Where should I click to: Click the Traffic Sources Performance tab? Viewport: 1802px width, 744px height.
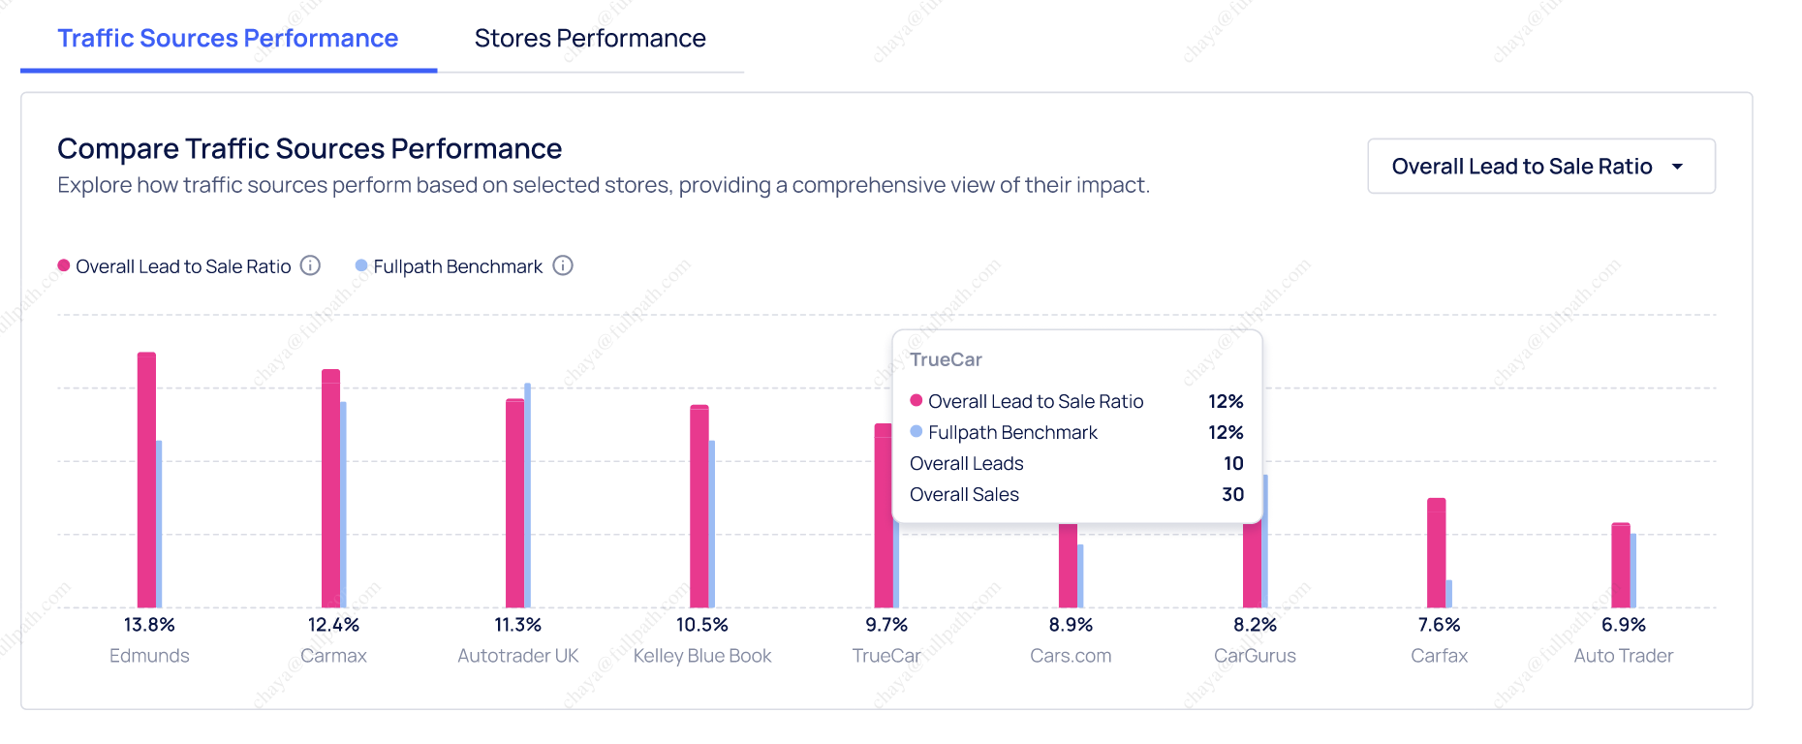click(x=228, y=39)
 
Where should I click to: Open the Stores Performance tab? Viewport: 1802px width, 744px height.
click(x=590, y=39)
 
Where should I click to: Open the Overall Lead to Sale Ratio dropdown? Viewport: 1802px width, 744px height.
click(x=1540, y=167)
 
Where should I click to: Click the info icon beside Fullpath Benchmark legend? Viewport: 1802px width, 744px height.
click(x=563, y=265)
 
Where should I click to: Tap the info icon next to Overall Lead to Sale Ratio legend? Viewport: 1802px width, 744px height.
click(x=310, y=265)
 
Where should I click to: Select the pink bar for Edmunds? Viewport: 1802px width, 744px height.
click(x=146, y=480)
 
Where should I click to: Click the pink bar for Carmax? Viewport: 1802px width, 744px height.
click(x=330, y=488)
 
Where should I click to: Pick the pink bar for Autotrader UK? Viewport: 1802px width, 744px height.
click(x=514, y=503)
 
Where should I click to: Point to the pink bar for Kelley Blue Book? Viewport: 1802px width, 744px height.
click(x=699, y=506)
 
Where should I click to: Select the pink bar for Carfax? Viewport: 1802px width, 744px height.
click(x=1436, y=552)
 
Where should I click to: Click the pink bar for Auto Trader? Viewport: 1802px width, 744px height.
click(x=1620, y=565)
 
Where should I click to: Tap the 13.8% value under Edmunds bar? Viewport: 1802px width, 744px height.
click(x=149, y=625)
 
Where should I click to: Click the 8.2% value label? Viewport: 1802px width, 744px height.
click(x=1255, y=625)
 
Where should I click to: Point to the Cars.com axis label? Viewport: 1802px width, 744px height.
click(x=1071, y=656)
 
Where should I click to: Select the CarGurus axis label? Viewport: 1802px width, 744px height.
click(x=1255, y=656)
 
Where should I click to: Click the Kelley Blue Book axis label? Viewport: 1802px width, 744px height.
click(x=702, y=656)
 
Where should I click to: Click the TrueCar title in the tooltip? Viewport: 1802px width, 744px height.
click(x=946, y=359)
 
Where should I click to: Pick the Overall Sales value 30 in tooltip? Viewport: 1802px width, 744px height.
click(x=1232, y=494)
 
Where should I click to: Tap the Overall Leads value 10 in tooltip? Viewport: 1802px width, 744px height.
click(x=1232, y=463)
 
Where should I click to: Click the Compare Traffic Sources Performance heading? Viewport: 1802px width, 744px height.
click(x=309, y=148)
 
